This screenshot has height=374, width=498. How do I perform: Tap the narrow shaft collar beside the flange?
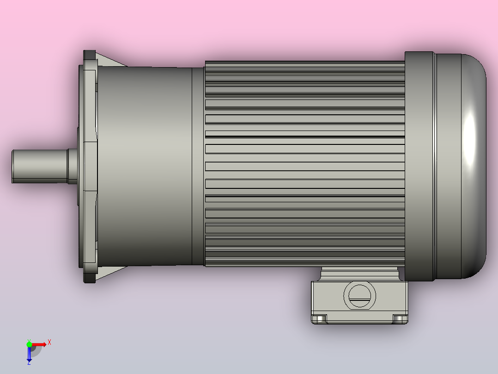click(x=73, y=166)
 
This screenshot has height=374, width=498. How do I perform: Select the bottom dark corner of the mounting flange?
click(x=89, y=278)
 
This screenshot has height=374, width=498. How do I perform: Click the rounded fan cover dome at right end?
click(x=462, y=167)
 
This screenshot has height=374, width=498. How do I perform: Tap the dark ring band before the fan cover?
click(x=419, y=167)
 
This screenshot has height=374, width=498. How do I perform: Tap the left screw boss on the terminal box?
click(x=319, y=318)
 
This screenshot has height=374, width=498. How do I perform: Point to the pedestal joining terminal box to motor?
click(x=360, y=274)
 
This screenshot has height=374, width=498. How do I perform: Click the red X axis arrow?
click(x=39, y=344)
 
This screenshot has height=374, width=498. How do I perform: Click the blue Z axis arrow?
click(x=29, y=354)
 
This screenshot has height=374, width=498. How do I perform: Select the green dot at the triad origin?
click(x=29, y=344)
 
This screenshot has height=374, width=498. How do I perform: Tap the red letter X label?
click(x=49, y=342)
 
